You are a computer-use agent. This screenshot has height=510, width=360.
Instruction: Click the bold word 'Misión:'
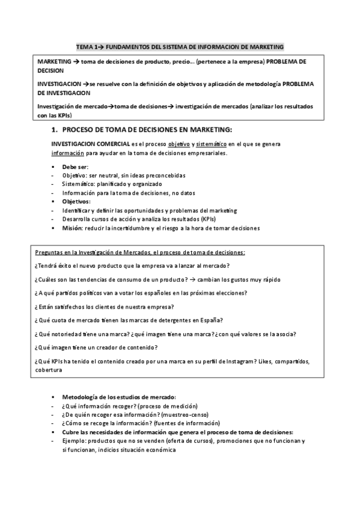(73, 229)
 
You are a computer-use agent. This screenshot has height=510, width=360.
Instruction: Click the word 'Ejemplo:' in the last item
(75, 440)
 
